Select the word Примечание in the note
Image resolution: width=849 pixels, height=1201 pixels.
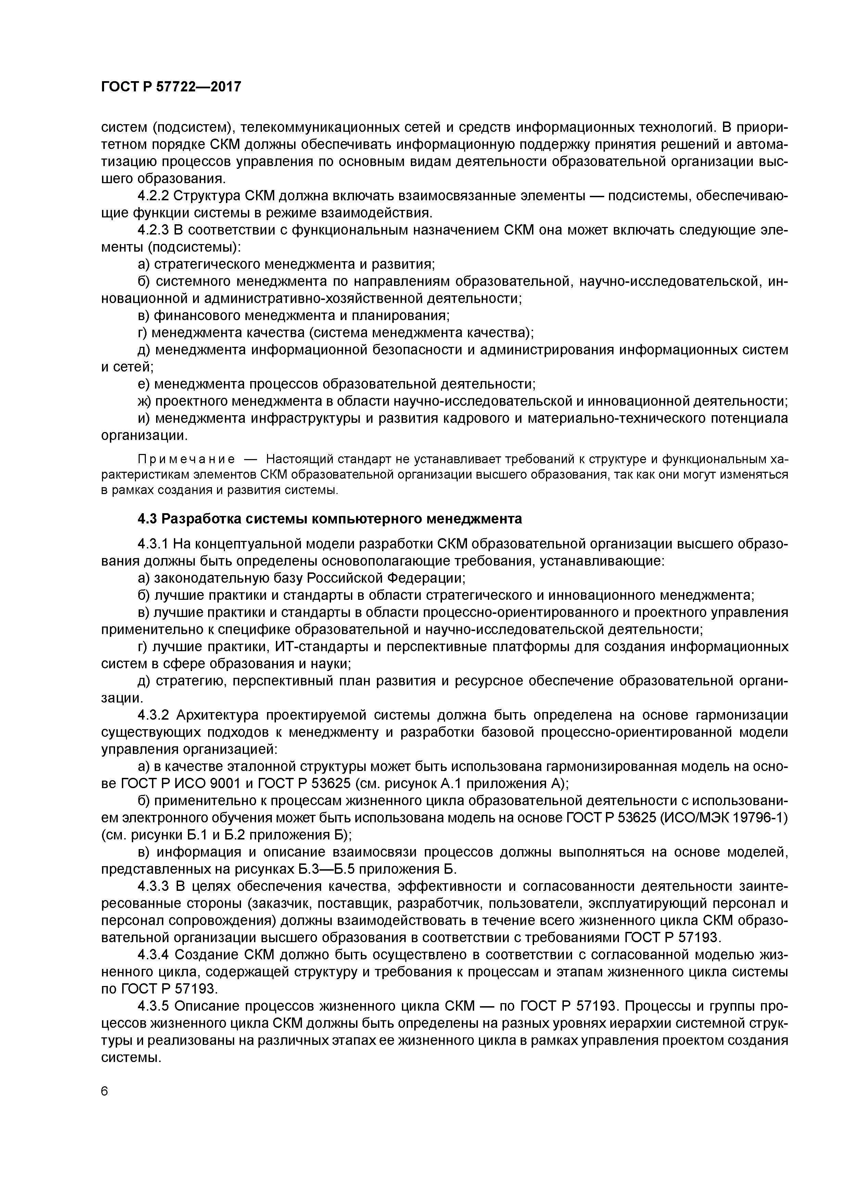(186, 459)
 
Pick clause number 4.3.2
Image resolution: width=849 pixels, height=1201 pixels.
(154, 715)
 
